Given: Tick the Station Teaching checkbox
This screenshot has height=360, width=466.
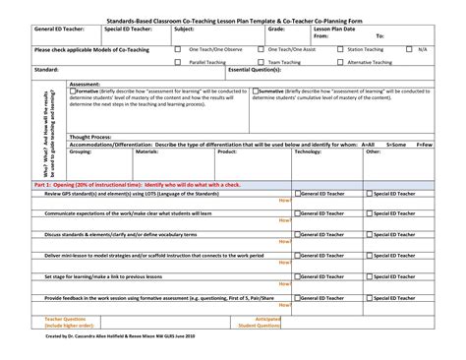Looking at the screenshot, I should coord(339,48).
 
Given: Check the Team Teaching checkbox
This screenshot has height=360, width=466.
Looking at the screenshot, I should coord(259,60).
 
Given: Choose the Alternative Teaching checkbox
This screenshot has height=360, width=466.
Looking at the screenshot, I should coord(339,60).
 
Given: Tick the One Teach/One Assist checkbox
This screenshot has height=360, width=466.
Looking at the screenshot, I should coord(259,48).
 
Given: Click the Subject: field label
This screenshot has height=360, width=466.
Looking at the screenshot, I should coord(184,30).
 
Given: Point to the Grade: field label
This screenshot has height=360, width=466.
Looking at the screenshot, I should coord(276,30).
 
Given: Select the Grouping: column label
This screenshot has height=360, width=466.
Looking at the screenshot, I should coord(81,152).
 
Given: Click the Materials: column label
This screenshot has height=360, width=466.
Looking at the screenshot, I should coord(146,152).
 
